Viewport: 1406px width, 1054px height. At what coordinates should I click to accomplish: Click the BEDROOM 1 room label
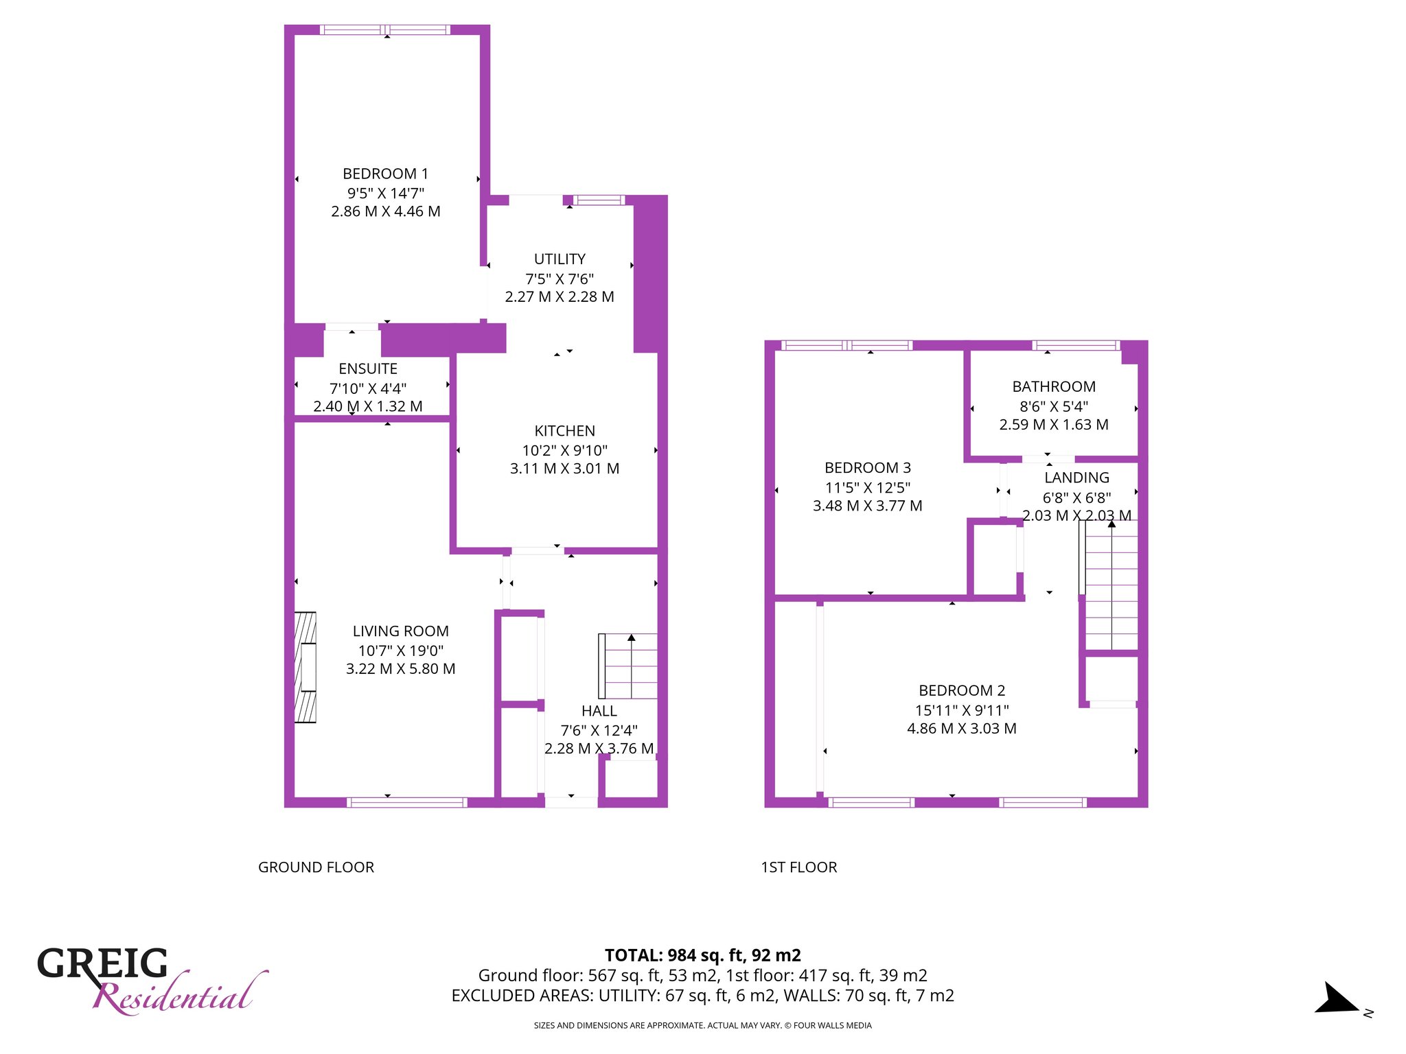(385, 174)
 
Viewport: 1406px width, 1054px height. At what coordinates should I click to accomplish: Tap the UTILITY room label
(560, 259)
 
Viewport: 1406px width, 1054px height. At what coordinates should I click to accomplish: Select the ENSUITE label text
(368, 369)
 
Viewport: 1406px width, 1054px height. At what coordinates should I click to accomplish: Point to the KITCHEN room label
(564, 431)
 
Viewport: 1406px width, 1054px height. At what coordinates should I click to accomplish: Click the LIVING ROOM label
(400, 631)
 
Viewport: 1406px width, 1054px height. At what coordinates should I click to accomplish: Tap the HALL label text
(599, 711)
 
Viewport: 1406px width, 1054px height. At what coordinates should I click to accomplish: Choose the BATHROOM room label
(1054, 387)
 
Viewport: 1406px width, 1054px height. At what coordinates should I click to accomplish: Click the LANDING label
(1076, 478)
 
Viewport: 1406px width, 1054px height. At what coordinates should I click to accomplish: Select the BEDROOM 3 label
(867, 468)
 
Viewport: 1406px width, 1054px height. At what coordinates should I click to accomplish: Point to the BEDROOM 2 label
(962, 690)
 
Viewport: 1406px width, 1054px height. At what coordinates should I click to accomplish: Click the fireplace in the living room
(306, 667)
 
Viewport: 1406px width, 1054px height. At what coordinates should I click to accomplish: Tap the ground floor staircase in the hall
(628, 666)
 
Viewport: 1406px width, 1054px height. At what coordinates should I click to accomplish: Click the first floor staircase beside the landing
(1109, 585)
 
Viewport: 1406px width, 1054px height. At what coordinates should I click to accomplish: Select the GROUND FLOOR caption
(316, 867)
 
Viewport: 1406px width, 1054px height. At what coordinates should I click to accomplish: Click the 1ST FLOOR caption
(798, 867)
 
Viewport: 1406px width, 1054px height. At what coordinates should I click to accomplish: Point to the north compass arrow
(1337, 998)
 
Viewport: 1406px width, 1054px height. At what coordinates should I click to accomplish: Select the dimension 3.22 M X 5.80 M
(400, 669)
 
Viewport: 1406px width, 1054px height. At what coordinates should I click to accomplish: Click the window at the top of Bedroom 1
(385, 30)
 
